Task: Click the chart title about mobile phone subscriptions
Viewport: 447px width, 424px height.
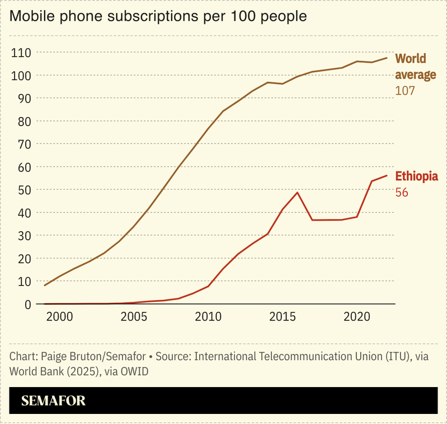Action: [158, 16]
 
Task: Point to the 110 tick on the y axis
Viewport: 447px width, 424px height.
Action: [20, 53]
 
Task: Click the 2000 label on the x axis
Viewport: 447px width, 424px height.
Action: [59, 317]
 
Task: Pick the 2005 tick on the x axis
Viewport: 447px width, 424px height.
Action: [134, 317]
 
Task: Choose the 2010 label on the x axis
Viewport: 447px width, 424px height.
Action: [209, 317]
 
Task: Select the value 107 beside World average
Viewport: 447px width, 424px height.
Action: [405, 90]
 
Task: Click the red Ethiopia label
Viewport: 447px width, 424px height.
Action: [416, 176]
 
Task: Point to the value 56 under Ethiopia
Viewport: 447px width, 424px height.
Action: [402, 193]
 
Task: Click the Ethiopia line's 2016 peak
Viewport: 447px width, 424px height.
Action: [297, 193]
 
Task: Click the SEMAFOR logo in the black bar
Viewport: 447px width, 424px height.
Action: [53, 401]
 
